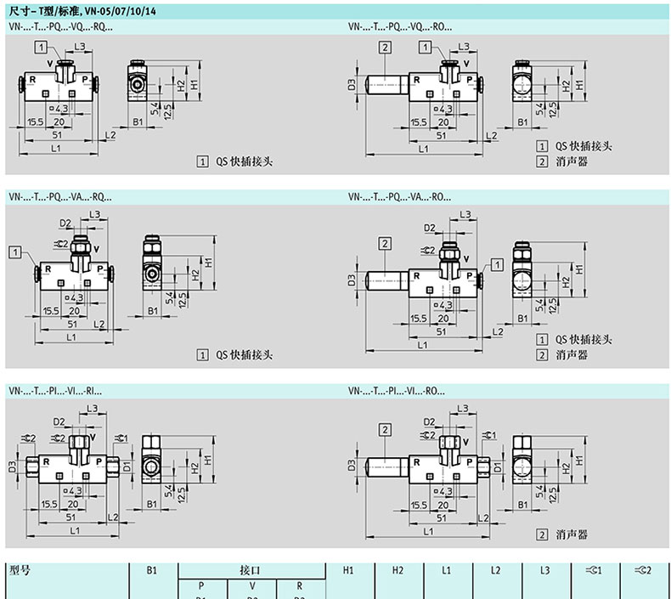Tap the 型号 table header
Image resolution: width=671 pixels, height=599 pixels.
[x=19, y=571]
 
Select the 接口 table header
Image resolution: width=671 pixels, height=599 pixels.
[x=251, y=571]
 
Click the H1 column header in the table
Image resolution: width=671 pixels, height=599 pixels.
[x=347, y=571]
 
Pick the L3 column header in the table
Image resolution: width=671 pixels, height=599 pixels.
[x=545, y=571]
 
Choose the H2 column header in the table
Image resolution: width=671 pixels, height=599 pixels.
[x=397, y=571]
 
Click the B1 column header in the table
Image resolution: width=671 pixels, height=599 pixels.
[x=151, y=571]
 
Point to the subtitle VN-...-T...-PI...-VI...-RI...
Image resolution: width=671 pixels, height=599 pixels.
[x=55, y=392]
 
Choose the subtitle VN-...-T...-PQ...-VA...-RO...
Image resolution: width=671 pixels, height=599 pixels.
[x=399, y=197]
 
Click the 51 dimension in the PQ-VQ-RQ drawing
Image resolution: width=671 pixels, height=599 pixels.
[x=59, y=134]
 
